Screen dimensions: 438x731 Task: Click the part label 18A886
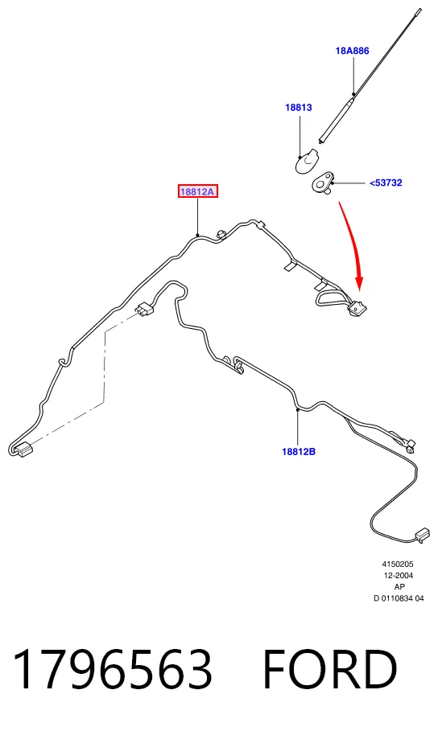click(x=352, y=51)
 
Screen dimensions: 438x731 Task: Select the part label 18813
click(x=299, y=107)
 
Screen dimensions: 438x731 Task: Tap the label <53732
click(x=386, y=183)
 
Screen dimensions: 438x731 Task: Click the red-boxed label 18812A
click(x=198, y=191)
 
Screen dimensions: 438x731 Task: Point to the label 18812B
click(x=299, y=451)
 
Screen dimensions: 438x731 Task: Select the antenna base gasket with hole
click(x=323, y=182)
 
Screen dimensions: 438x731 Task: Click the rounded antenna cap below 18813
click(x=306, y=160)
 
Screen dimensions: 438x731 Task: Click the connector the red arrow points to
click(x=357, y=308)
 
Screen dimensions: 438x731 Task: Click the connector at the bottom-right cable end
click(x=422, y=535)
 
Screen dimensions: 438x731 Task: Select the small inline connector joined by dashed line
click(x=144, y=309)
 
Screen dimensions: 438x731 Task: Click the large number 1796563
click(x=113, y=669)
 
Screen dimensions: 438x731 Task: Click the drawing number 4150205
click(x=398, y=564)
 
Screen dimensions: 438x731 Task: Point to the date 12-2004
click(x=399, y=575)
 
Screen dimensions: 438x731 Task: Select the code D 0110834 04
click(x=399, y=598)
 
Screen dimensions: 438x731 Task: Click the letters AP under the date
click(x=399, y=586)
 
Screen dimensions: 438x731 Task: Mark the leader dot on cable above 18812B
click(x=297, y=410)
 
